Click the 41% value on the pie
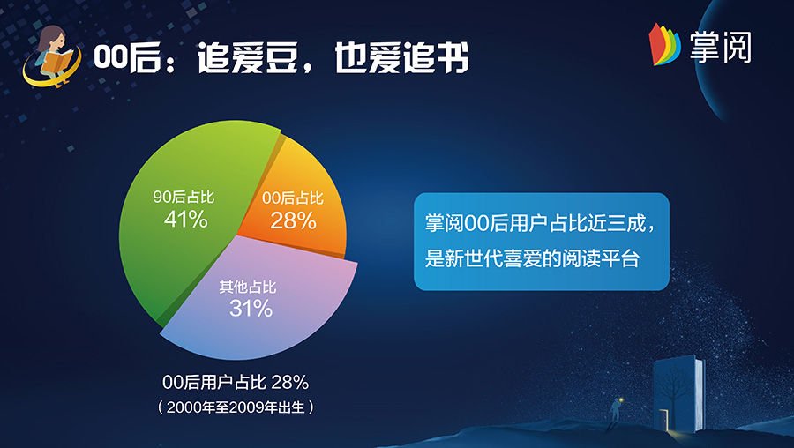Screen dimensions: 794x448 click(x=186, y=220)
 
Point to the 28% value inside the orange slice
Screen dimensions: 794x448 click(x=293, y=220)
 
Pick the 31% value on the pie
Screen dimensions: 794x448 click(x=251, y=309)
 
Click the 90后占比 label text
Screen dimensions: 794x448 click(x=184, y=197)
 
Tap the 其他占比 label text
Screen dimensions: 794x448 click(x=248, y=287)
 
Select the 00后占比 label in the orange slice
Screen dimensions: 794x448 click(x=293, y=198)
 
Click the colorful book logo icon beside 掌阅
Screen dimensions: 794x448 click(x=663, y=45)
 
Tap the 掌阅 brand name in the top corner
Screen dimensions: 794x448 click(x=720, y=47)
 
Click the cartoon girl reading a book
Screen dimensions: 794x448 click(x=52, y=56)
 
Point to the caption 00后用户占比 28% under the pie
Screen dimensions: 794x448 click(x=236, y=382)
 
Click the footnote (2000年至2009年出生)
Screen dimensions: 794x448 click(x=236, y=407)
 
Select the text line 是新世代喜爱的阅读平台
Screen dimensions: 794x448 click(x=532, y=258)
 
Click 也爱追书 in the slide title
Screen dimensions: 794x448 click(x=401, y=57)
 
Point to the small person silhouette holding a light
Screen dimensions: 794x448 click(x=616, y=409)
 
